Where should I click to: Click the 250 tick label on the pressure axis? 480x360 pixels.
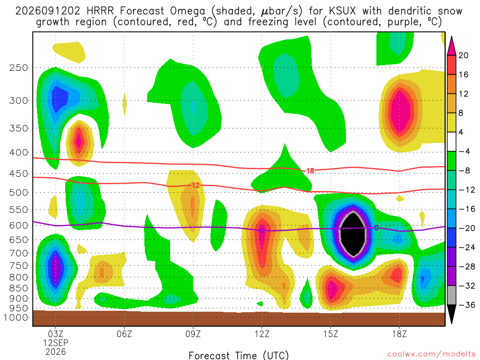[19, 67]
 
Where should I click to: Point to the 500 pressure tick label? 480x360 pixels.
[19, 193]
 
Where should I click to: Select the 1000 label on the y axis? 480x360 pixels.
[16, 317]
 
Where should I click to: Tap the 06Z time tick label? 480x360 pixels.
[124, 334]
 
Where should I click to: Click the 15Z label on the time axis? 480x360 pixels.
[330, 334]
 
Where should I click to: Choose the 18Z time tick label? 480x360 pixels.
[399, 334]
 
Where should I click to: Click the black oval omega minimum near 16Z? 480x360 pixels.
[353, 234]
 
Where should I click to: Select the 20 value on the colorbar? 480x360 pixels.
[463, 55]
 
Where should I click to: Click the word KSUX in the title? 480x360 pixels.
[342, 11]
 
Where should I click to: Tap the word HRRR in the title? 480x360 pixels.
[100, 11]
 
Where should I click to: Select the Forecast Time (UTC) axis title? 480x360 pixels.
[239, 355]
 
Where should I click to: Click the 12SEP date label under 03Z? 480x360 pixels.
[56, 343]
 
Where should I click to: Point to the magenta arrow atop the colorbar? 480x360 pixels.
[451, 46]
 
